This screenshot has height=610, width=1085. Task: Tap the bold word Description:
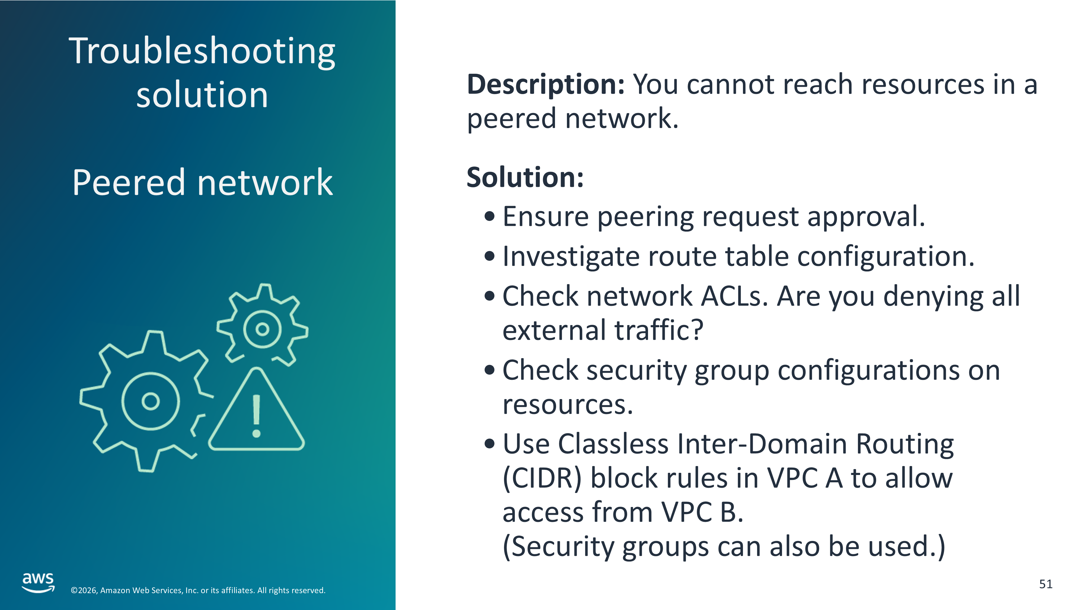pyautogui.click(x=545, y=84)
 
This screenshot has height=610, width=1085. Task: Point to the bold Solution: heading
pyautogui.click(x=525, y=177)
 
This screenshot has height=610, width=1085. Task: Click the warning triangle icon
pyautogui.click(x=256, y=410)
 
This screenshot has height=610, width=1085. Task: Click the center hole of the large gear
pyautogui.click(x=150, y=401)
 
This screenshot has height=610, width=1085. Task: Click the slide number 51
pyautogui.click(x=1045, y=584)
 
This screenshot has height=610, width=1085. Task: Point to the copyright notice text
pyautogui.click(x=198, y=590)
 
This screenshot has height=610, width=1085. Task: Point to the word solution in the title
pyautogui.click(x=202, y=95)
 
